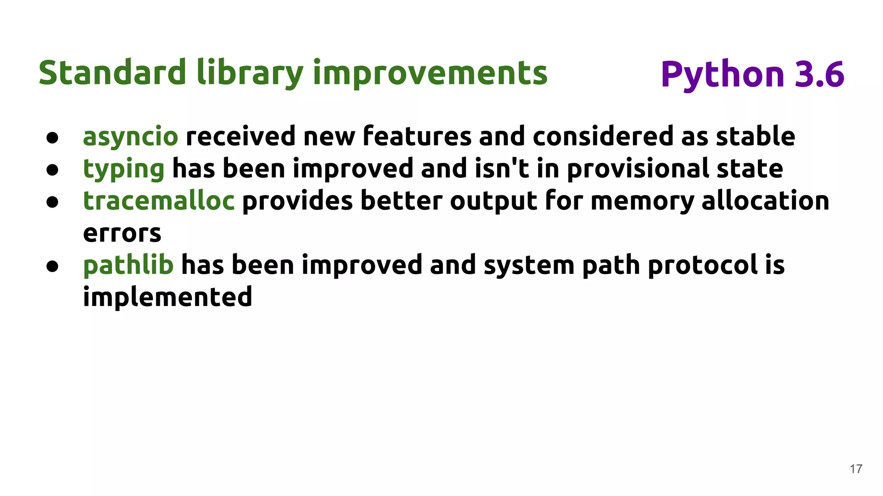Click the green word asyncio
(x=130, y=137)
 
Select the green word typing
(x=123, y=169)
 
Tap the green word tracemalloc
(x=159, y=201)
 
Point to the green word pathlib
(x=128, y=265)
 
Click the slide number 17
(x=856, y=469)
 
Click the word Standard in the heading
(x=113, y=73)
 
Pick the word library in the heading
(x=250, y=74)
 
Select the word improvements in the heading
(x=430, y=73)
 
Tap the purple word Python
(x=722, y=75)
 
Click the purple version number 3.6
(x=819, y=74)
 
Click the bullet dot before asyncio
(x=52, y=138)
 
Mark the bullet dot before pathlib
(x=52, y=266)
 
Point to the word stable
(x=755, y=136)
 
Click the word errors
(x=122, y=234)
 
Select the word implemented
(x=167, y=298)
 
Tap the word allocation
(x=765, y=201)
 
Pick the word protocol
(x=703, y=265)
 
